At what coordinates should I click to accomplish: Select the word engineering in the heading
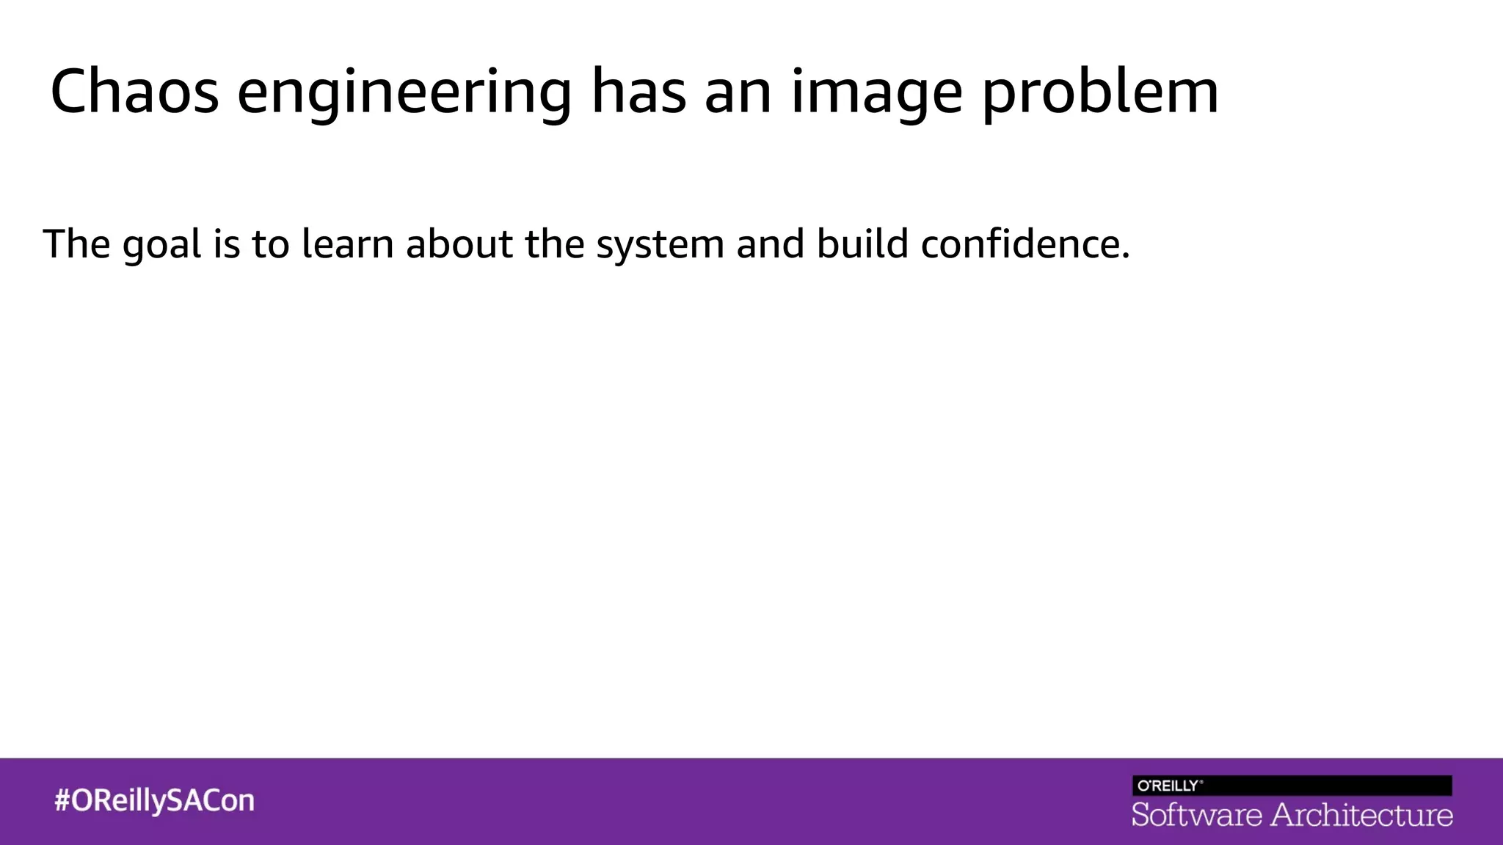[404, 93]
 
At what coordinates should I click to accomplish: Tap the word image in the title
[876, 93]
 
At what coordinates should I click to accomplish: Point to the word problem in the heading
[1101, 93]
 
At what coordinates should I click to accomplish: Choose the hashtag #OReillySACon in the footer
[154, 800]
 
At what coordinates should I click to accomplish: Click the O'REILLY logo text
[1169, 786]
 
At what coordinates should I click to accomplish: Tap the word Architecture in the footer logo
[1361, 815]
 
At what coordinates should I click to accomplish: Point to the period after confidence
[1126, 256]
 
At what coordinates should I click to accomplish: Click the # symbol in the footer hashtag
[62, 800]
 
